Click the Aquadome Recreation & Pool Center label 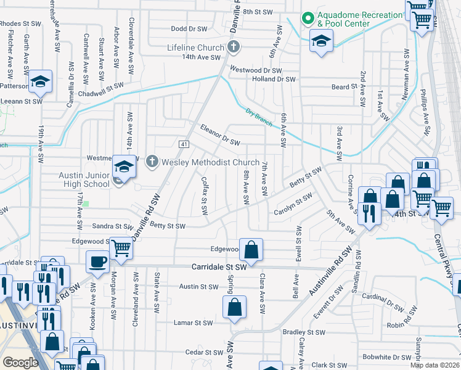pyautogui.click(x=351, y=18)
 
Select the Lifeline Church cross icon pyautogui.click(x=233, y=46)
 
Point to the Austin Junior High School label pyautogui.click(x=84, y=179)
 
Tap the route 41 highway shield pyautogui.click(x=184, y=144)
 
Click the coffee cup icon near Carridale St pyautogui.click(x=97, y=261)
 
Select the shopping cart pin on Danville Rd pyautogui.click(x=121, y=248)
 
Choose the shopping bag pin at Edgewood pyautogui.click(x=251, y=250)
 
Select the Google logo pyautogui.click(x=21, y=363)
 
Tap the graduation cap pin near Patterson pyautogui.click(x=40, y=81)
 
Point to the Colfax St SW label pyautogui.click(x=205, y=195)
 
